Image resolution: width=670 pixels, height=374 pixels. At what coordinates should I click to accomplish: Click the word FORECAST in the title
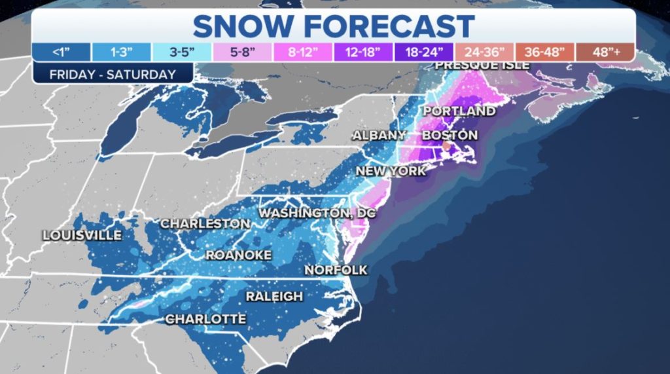384,26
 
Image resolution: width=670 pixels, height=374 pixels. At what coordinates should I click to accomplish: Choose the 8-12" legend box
302,52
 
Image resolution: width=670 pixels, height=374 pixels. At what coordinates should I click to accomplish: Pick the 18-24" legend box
423,52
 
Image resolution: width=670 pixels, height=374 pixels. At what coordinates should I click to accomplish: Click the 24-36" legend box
484,52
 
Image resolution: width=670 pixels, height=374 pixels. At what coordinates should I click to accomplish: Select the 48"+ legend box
605,52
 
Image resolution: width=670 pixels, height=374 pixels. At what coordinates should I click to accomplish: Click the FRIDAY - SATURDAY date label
112,74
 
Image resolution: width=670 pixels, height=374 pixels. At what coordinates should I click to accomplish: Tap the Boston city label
450,136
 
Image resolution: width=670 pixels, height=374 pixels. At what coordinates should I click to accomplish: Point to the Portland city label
459,111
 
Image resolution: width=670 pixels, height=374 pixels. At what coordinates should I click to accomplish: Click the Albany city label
380,136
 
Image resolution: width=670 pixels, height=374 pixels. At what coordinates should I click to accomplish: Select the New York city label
391,171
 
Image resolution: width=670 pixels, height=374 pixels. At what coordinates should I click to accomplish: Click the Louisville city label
82,235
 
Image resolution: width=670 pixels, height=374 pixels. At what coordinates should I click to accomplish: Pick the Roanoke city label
238,255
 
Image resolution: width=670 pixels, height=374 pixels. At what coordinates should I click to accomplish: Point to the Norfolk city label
336,270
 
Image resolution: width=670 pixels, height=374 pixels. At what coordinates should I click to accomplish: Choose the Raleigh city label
274,297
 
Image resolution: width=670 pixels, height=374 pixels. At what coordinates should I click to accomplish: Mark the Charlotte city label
205,319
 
